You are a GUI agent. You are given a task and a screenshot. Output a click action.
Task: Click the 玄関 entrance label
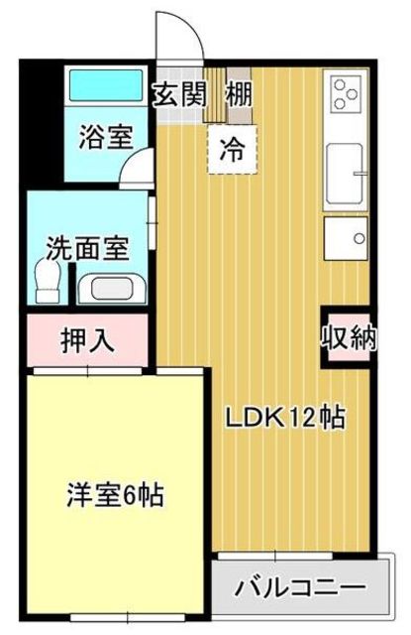click(179, 95)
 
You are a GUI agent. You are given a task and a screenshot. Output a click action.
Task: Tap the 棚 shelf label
click(239, 95)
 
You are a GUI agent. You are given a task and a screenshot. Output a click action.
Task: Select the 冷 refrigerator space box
click(233, 150)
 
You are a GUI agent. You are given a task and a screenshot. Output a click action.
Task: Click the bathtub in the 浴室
click(106, 85)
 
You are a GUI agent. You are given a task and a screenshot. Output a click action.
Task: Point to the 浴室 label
click(106, 137)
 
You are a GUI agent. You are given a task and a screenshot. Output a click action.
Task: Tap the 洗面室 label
click(87, 248)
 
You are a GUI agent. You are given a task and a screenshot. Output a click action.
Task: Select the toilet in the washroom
click(49, 281)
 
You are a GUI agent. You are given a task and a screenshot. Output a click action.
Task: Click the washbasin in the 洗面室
click(112, 288)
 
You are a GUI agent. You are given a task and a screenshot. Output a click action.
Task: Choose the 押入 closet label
click(88, 339)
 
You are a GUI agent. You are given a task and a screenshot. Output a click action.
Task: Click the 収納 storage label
click(350, 337)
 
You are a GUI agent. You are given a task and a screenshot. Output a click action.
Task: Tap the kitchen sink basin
click(345, 174)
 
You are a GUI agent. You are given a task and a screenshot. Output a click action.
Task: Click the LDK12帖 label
click(285, 418)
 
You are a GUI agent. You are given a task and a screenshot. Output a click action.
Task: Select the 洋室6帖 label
click(115, 495)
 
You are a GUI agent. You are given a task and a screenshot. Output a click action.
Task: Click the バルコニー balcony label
click(301, 587)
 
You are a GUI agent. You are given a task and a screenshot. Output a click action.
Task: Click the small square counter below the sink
click(346, 238)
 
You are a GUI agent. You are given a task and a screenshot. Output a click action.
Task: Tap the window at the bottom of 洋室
click(127, 617)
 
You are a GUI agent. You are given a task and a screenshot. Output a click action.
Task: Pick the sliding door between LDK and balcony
click(275, 556)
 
